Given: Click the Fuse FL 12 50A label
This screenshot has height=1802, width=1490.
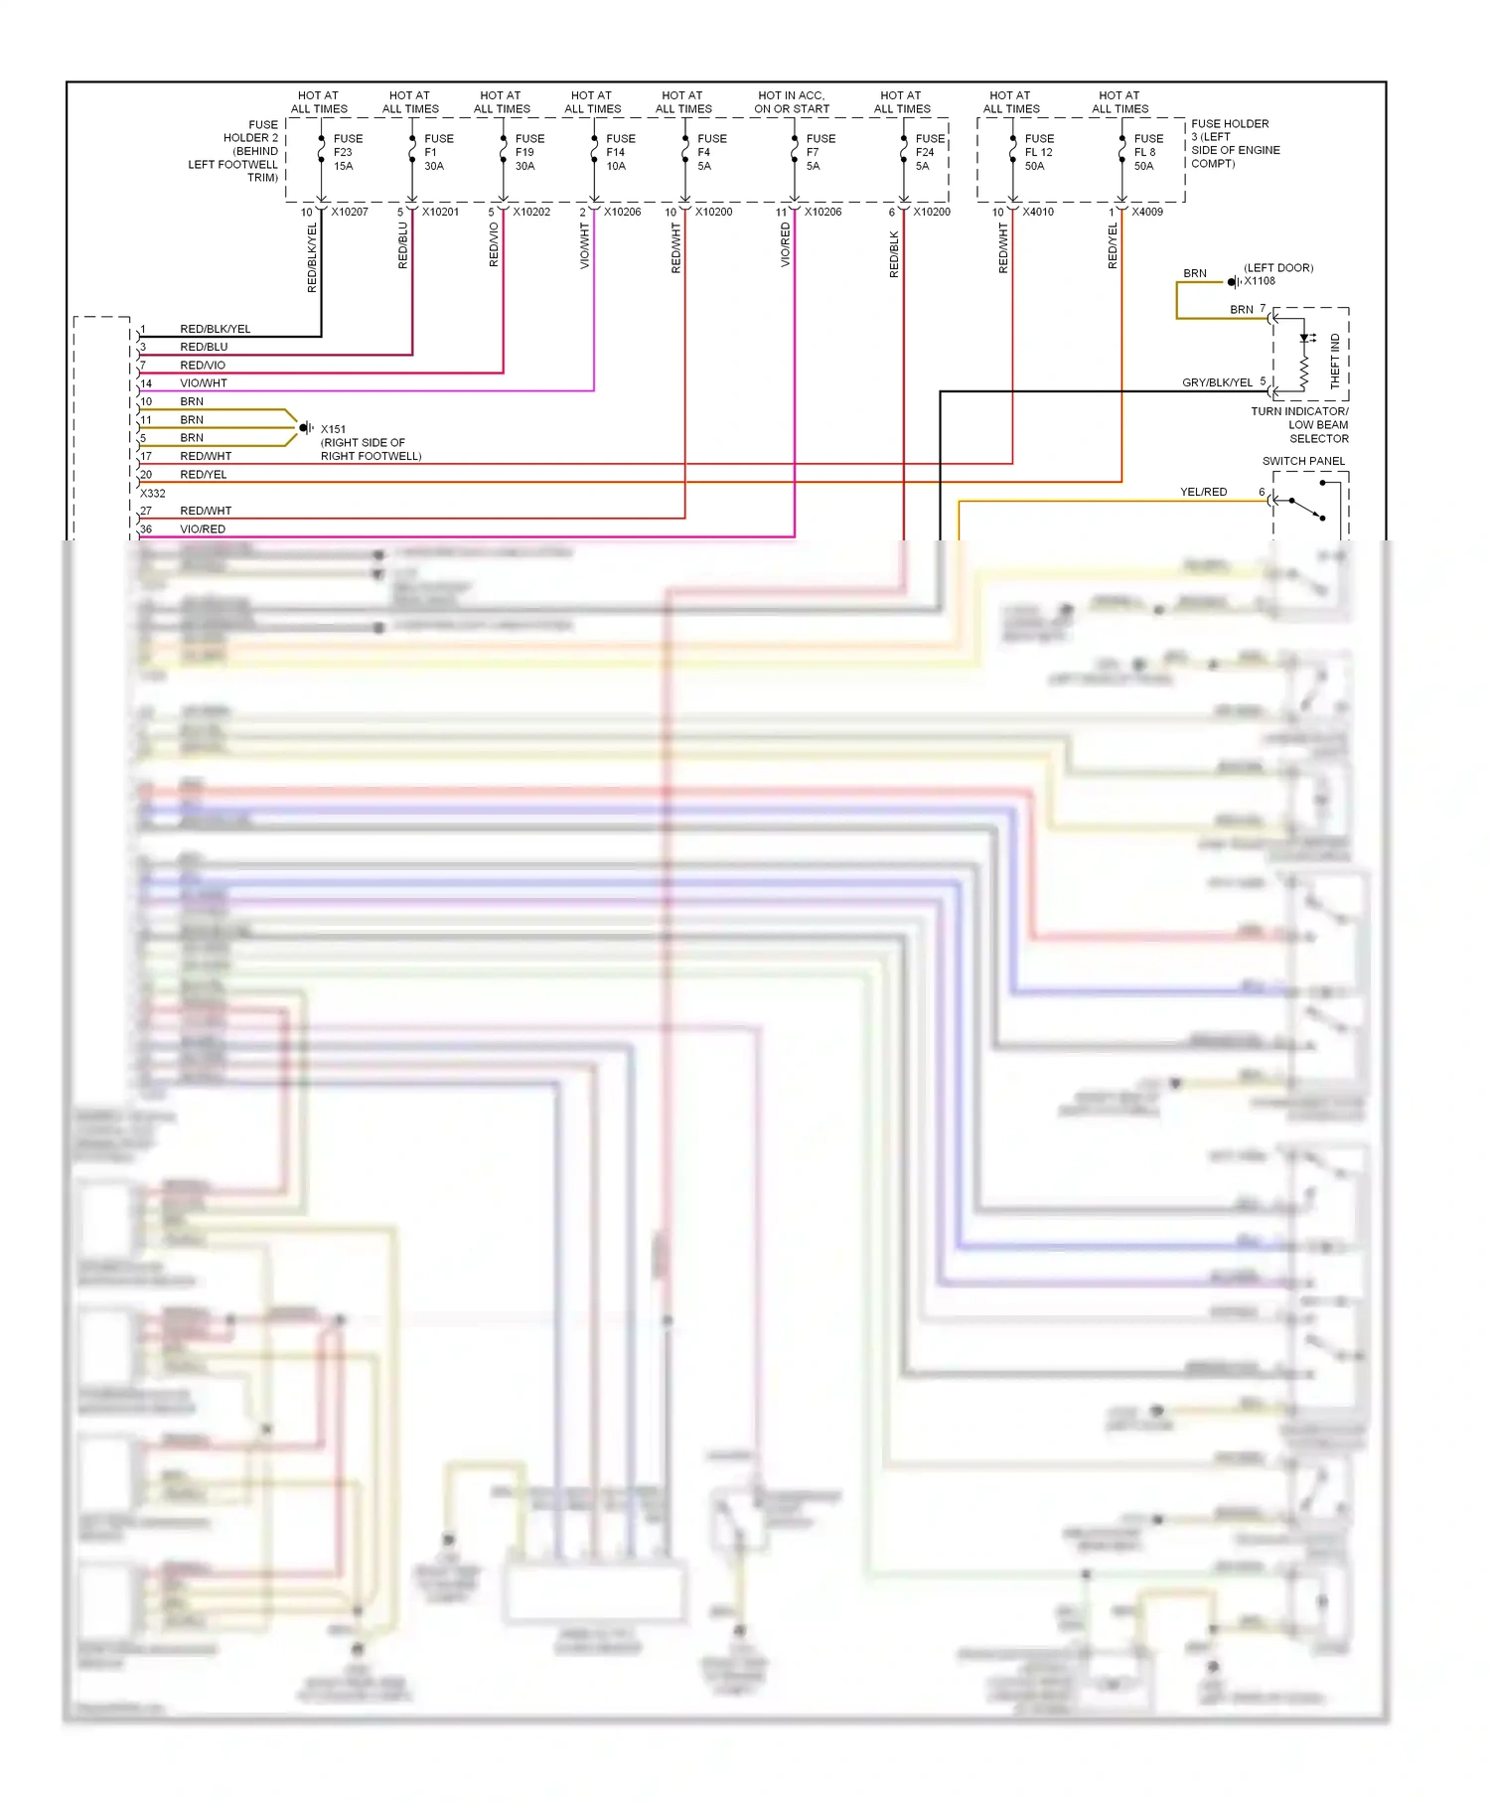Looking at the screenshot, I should [x=1039, y=152].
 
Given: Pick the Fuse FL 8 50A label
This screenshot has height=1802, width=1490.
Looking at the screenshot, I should [x=1148, y=152].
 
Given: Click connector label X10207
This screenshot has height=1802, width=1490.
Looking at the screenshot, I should [x=350, y=212].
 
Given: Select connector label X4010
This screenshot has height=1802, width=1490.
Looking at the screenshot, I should [x=1038, y=212].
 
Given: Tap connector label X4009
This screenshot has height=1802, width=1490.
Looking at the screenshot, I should [x=1147, y=212].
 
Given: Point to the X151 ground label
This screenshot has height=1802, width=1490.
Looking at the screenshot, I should [x=333, y=429].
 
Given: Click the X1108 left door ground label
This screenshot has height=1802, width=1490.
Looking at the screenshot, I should [x=1260, y=281].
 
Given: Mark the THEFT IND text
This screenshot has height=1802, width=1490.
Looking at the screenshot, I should [x=1335, y=361].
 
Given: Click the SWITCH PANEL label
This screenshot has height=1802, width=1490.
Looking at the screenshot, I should [x=1303, y=461].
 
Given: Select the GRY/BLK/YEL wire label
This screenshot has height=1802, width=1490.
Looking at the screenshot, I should [x=1217, y=382].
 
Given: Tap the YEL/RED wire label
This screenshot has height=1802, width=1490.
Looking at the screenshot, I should [x=1203, y=492].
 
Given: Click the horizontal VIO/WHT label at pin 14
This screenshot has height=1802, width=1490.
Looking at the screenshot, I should [x=204, y=383].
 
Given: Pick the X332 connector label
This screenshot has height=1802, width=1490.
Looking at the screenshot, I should [x=153, y=494].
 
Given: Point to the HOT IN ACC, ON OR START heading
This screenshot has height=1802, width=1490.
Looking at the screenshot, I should [x=792, y=102].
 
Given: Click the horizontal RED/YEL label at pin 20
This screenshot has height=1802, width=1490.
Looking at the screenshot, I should [x=204, y=475].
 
